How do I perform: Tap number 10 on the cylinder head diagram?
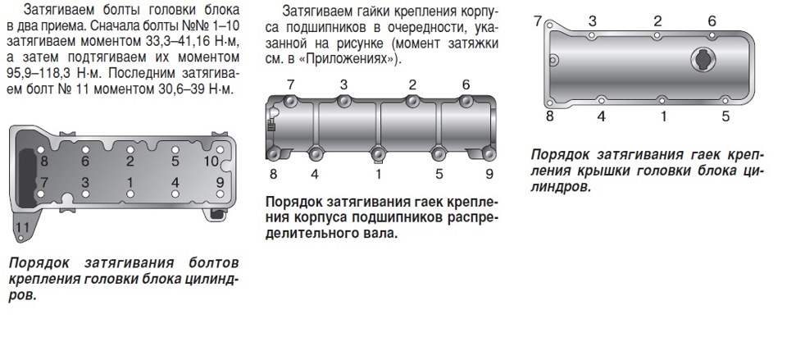click(211, 162)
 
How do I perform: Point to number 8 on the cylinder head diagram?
click(44, 162)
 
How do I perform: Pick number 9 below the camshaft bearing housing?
click(489, 173)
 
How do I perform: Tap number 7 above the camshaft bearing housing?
click(290, 84)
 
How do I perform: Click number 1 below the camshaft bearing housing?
click(378, 173)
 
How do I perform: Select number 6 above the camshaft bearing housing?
click(466, 84)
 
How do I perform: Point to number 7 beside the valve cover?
click(538, 21)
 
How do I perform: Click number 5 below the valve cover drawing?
click(726, 116)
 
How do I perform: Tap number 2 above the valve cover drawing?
click(657, 21)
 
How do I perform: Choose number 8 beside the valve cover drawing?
click(549, 116)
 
